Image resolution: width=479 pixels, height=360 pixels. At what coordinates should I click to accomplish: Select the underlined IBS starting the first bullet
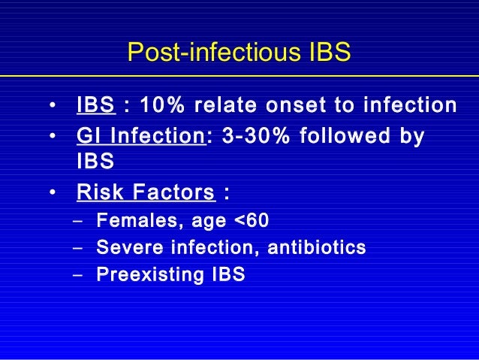coord(95,105)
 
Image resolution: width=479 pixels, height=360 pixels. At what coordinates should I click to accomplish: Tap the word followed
coord(348,138)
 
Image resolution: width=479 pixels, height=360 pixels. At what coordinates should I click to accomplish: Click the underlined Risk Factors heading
coord(146,193)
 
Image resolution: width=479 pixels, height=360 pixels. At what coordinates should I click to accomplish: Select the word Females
coord(129,221)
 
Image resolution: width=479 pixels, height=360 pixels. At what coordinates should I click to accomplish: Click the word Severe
coord(124,247)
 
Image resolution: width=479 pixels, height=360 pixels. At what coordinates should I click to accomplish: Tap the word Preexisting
coord(145,274)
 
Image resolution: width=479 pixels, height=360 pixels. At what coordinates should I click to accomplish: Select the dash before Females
coord(78,222)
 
